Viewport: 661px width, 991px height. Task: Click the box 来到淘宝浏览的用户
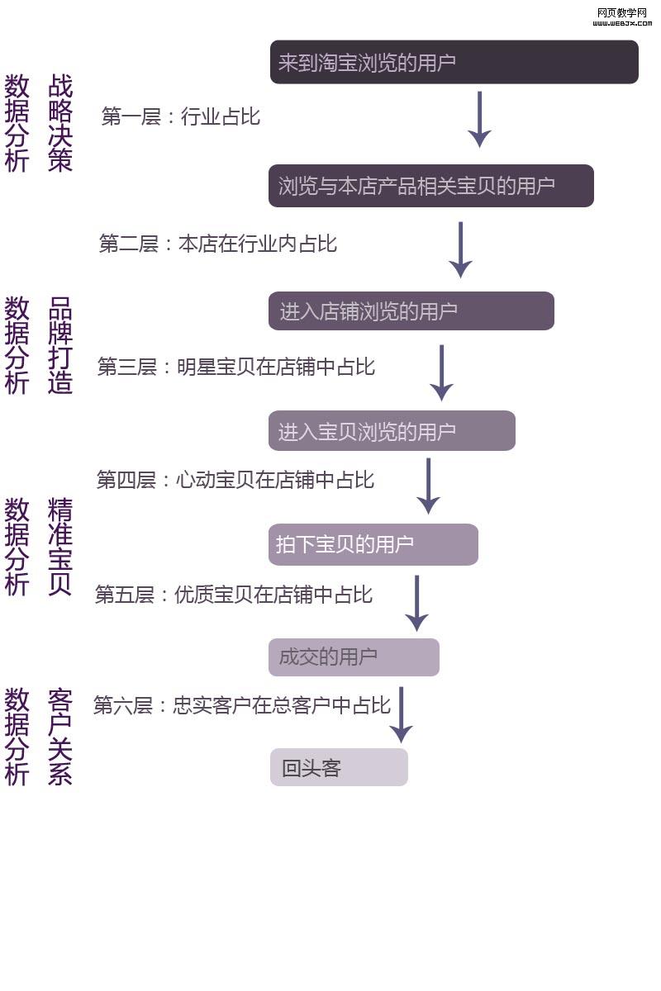454,62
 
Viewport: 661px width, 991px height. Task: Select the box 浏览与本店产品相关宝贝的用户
430,186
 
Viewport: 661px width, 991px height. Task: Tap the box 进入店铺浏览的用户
411,311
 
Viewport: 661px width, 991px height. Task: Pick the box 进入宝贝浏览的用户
392,431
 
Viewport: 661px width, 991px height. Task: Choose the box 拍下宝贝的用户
373,544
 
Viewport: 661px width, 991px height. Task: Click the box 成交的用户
354,657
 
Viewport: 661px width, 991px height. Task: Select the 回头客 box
339,768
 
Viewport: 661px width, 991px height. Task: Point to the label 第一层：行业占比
180,116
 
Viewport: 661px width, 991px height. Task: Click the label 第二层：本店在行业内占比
218,244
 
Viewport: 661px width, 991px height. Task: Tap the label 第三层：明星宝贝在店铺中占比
236,367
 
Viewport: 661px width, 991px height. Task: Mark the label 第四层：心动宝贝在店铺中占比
235,480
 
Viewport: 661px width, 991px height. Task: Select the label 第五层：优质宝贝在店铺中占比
234,595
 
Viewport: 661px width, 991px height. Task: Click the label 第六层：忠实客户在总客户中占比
241,706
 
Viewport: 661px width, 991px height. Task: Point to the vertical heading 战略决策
60,122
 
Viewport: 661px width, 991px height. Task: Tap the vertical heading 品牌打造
60,345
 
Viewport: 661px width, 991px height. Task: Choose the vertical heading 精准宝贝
60,546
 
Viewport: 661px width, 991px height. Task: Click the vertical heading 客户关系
60,737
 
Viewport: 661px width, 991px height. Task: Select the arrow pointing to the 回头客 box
401,714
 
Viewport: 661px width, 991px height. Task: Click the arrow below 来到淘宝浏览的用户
479,120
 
